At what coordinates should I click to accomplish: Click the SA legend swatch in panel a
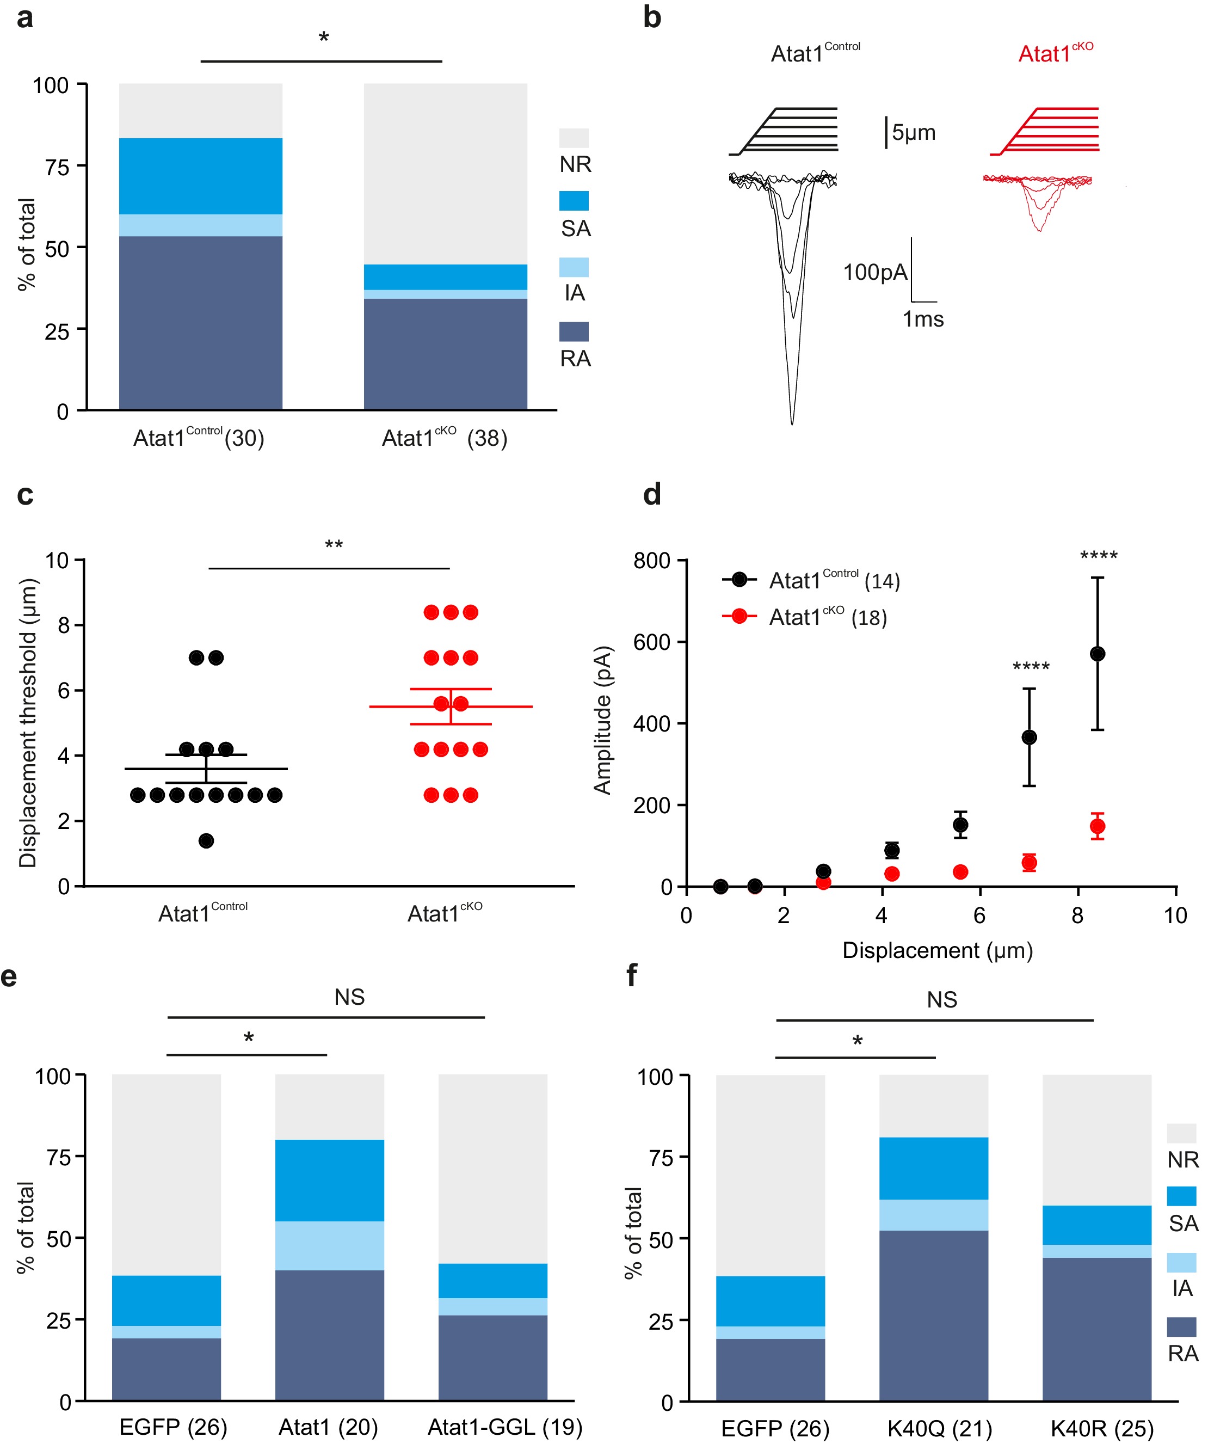[x=574, y=201]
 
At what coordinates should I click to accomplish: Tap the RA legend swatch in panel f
[x=1181, y=1326]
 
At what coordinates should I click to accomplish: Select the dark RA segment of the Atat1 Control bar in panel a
[x=200, y=323]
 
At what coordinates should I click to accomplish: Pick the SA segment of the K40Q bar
[x=933, y=1169]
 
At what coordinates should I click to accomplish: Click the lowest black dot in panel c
[x=206, y=840]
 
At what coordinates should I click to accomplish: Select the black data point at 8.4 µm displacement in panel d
[x=1098, y=653]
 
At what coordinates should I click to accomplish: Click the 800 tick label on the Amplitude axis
[x=651, y=561]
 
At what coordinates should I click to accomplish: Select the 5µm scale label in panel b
[x=913, y=132]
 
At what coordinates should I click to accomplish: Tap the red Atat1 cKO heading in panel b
[x=1055, y=53]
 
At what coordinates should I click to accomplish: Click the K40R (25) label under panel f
[x=1101, y=1429]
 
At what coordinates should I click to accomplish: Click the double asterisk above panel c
[x=334, y=546]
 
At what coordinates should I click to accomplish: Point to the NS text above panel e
[x=349, y=997]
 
